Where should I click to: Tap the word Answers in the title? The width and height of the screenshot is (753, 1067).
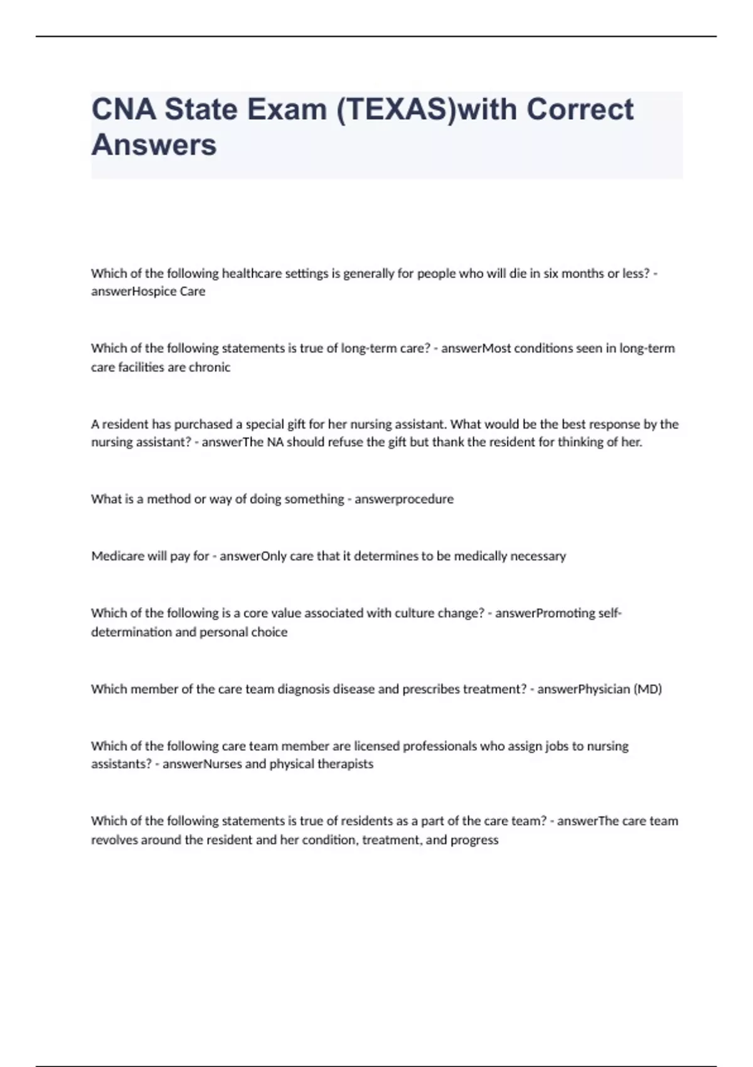pos(154,145)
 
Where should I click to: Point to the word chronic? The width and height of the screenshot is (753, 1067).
pos(210,367)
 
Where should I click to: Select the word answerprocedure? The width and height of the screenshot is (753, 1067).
pos(404,499)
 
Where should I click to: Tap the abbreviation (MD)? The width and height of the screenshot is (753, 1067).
pos(648,689)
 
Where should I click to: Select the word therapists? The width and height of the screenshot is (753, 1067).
pos(348,764)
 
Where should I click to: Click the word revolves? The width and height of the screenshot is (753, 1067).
pos(114,840)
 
